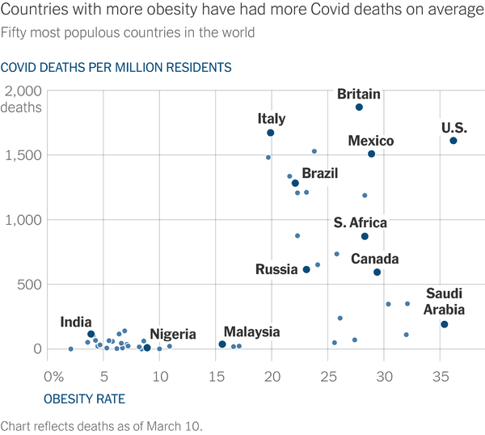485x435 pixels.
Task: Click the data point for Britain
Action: pyautogui.click(x=359, y=107)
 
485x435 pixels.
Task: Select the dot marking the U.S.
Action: pyautogui.click(x=453, y=141)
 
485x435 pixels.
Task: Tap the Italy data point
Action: pyautogui.click(x=271, y=133)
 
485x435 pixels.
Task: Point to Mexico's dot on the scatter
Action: pyautogui.click(x=371, y=154)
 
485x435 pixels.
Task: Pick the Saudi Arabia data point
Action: pyautogui.click(x=444, y=324)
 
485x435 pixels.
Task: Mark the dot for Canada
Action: pyautogui.click(x=377, y=272)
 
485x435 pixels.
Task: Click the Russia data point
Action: pyautogui.click(x=306, y=269)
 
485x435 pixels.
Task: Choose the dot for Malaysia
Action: pyautogui.click(x=222, y=344)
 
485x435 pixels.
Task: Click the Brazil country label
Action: pyautogui.click(x=319, y=173)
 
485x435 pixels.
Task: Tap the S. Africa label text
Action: pyautogui.click(x=360, y=222)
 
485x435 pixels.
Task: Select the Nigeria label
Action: pyautogui.click(x=173, y=334)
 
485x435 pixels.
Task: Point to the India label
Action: pyautogui.click(x=76, y=323)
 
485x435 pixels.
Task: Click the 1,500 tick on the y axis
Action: pyautogui.click(x=23, y=154)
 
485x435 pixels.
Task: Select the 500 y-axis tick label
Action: pyautogui.click(x=31, y=284)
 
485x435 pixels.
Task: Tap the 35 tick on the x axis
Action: pyautogui.click(x=441, y=376)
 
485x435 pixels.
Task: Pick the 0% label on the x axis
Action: pyautogui.click(x=53, y=376)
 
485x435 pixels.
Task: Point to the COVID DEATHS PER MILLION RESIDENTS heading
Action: pyautogui.click(x=116, y=67)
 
